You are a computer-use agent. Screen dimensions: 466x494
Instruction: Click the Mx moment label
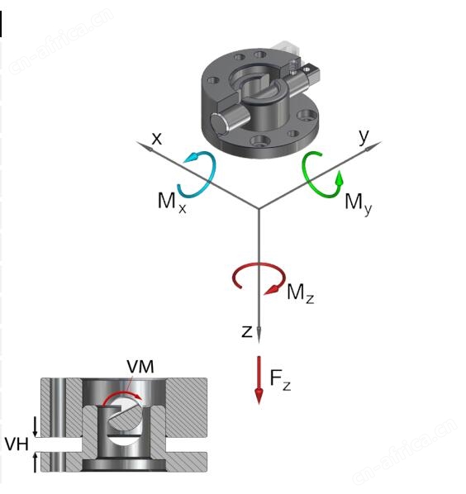tap(172, 202)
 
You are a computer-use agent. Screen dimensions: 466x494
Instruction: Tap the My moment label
tap(359, 204)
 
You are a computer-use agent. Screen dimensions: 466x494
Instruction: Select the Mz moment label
tap(300, 293)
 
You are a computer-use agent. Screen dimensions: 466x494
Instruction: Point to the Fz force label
tap(280, 380)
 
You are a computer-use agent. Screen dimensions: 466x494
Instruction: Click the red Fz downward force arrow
tap(259, 380)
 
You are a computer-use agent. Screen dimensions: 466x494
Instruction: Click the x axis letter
tap(157, 139)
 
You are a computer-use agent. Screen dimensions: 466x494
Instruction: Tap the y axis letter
tap(364, 136)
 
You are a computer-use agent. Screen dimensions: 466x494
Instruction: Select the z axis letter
tap(247, 331)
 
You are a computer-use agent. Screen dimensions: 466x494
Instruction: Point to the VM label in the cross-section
tap(140, 367)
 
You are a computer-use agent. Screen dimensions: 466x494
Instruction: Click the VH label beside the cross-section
tap(17, 444)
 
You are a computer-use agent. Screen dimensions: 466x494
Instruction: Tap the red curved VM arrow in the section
tap(121, 393)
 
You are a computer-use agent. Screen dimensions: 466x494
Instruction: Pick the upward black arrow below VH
tap(36, 463)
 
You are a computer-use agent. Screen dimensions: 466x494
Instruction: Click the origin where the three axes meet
tap(259, 208)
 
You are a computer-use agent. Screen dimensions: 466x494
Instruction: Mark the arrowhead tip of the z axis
tap(259, 343)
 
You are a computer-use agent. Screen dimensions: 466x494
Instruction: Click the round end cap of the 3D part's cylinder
tap(219, 123)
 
